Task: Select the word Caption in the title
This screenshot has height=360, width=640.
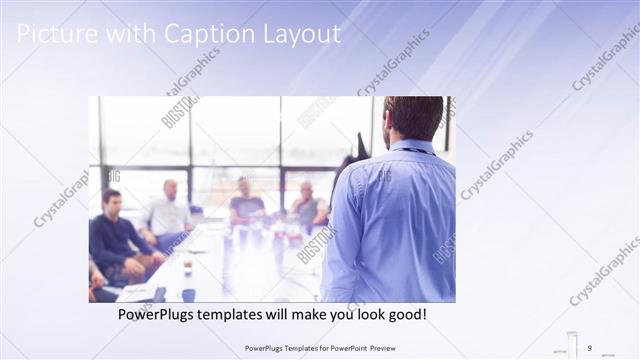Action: pos(203,34)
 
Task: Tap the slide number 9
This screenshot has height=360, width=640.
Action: pos(590,347)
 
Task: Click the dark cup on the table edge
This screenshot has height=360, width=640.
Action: pos(188,295)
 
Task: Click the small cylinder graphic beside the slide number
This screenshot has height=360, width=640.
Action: pos(572,343)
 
